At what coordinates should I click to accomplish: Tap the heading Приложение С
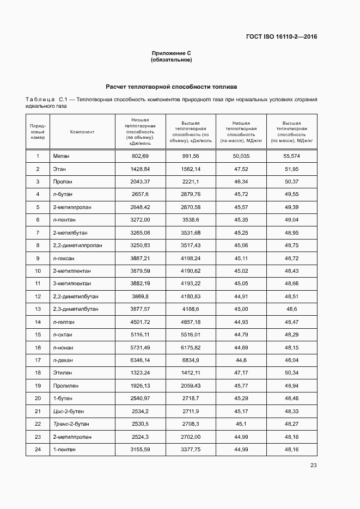(x=171, y=53)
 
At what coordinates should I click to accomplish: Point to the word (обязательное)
(x=171, y=59)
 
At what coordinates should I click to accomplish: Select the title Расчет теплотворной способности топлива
(x=171, y=87)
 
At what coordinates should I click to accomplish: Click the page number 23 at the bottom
(x=313, y=465)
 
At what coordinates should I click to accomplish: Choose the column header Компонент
(x=82, y=131)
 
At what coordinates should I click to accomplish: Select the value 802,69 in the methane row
(x=140, y=156)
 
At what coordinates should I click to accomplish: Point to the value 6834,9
(x=191, y=360)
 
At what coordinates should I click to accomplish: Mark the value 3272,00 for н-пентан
(x=140, y=219)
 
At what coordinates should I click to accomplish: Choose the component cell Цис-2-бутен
(x=69, y=411)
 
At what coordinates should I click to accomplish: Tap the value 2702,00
(x=191, y=436)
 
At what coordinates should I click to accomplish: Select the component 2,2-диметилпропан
(x=77, y=245)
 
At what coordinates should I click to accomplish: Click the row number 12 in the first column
(x=38, y=296)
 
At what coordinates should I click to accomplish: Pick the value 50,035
(x=241, y=156)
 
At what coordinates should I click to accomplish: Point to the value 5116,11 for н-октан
(x=140, y=334)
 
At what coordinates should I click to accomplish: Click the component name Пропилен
(x=66, y=385)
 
